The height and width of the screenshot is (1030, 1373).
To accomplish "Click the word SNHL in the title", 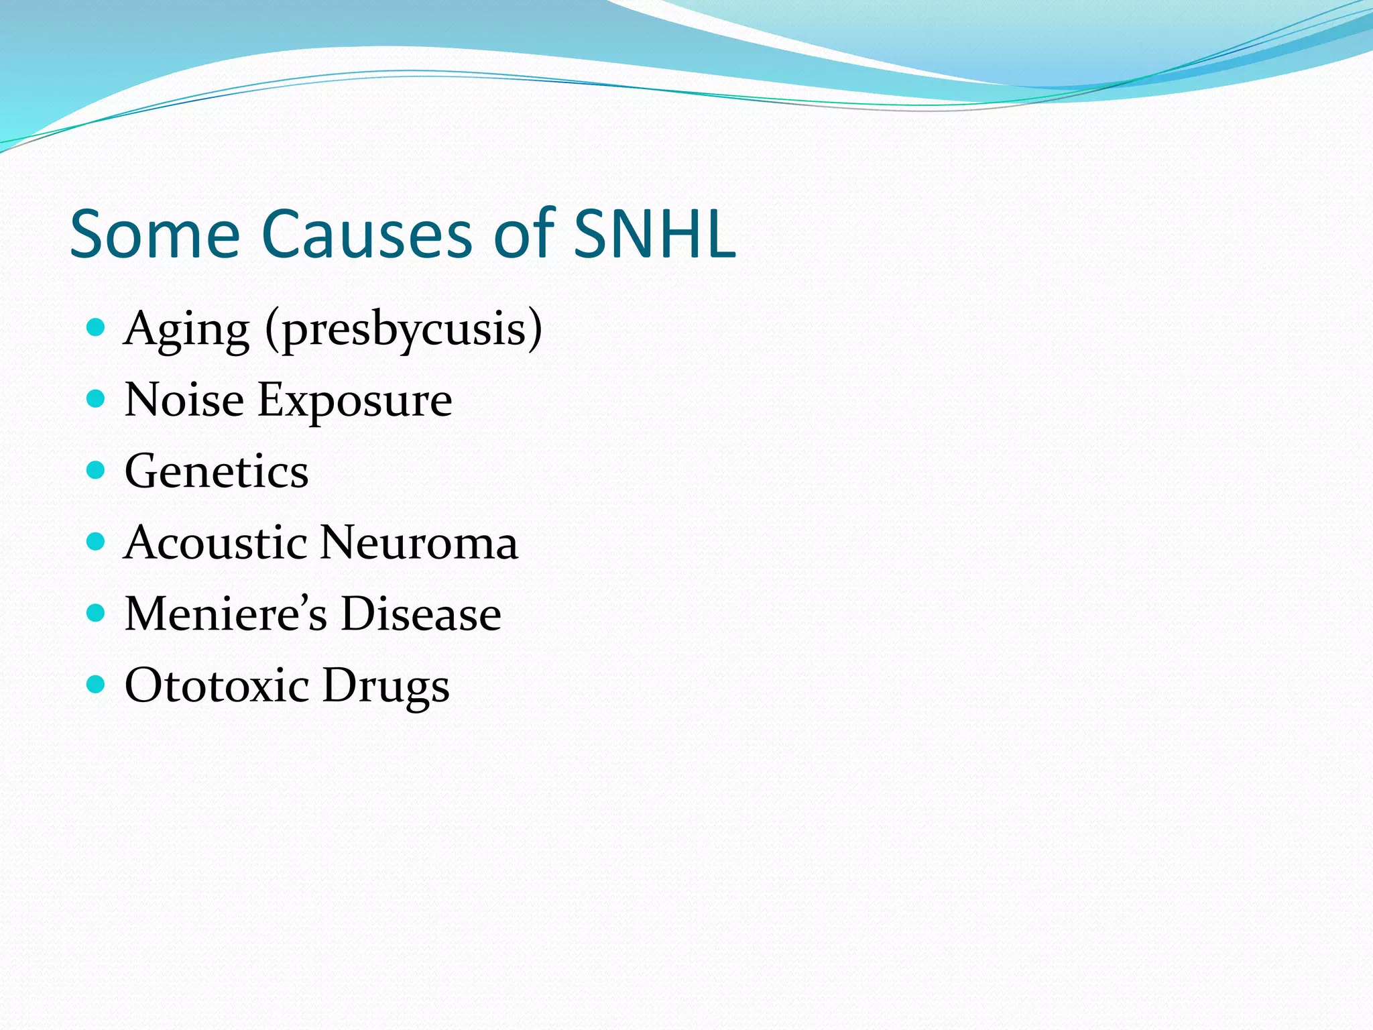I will (x=654, y=233).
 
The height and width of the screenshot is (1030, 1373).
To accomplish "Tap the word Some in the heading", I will (x=154, y=233).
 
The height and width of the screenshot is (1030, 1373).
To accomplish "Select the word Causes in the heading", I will (x=367, y=233).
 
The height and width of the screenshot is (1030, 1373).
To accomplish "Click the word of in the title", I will (x=524, y=233).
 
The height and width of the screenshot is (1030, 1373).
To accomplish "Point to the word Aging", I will (x=187, y=330).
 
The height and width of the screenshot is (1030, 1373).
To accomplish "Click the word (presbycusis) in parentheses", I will (x=404, y=330).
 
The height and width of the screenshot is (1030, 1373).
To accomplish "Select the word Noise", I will (x=184, y=400).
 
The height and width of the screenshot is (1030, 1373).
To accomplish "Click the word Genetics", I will (x=217, y=471).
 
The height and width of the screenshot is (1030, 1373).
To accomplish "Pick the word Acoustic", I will (x=215, y=542).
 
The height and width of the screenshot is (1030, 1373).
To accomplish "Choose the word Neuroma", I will (x=419, y=542).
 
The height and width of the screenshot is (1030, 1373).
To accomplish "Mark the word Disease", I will (x=421, y=614).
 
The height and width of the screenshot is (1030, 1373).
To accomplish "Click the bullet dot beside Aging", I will (x=97, y=327).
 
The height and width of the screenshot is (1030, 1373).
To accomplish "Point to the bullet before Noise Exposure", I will (x=97, y=399).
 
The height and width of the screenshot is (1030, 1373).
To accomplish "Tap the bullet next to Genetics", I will (x=97, y=470).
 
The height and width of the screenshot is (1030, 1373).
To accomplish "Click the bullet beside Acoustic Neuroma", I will (x=97, y=541).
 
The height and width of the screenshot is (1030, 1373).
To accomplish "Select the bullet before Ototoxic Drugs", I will (x=97, y=684).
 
